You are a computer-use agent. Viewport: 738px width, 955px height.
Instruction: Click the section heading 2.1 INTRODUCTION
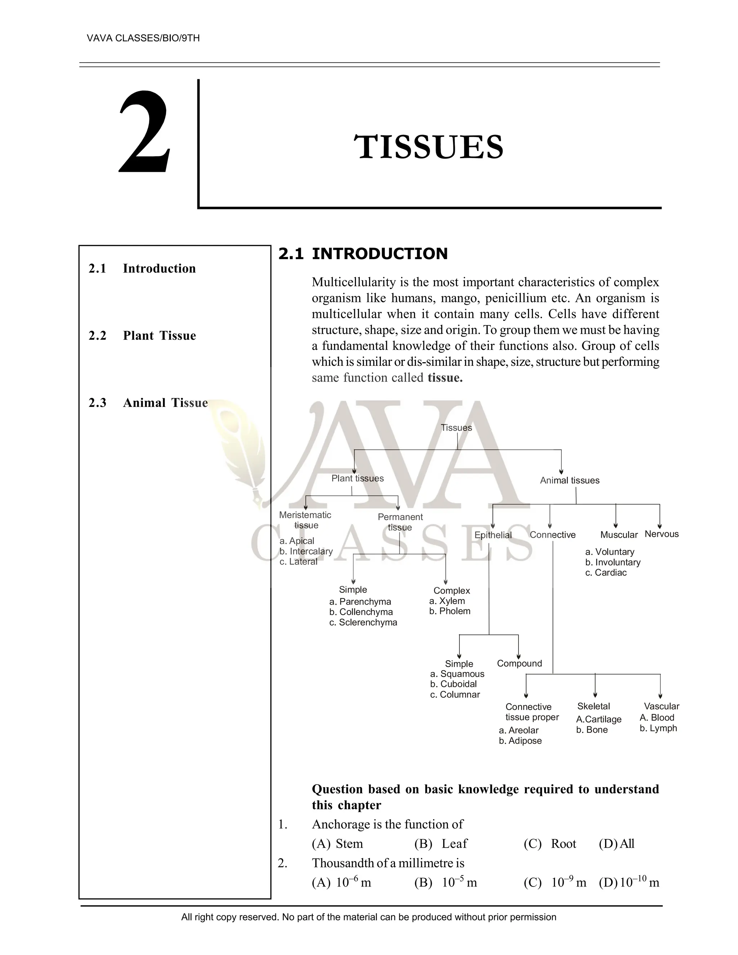pos(363,254)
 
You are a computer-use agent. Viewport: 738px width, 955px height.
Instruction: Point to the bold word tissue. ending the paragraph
pos(445,377)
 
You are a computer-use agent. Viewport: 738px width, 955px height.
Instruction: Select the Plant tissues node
pos(357,478)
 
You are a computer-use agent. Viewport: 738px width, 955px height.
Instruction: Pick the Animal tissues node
pos(569,480)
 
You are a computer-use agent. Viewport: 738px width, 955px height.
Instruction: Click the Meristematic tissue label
pos(305,520)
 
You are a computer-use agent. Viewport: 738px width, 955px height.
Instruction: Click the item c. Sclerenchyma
pos(363,622)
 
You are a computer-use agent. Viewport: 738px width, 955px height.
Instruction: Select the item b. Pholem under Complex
pos(449,611)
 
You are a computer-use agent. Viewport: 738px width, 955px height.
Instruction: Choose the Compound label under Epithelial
pos(519,663)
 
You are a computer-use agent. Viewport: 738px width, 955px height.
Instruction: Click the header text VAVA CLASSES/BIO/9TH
pos(143,38)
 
